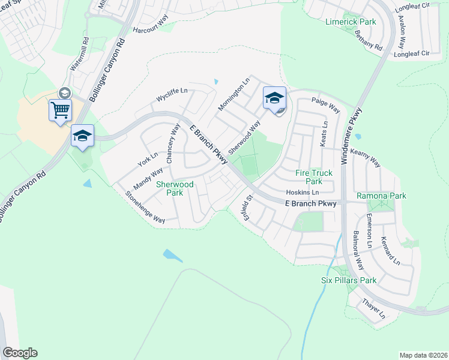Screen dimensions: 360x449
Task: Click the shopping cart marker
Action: pos(60,110)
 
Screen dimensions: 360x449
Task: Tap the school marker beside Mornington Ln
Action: pos(274,98)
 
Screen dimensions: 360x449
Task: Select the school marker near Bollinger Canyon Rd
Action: pos(82,136)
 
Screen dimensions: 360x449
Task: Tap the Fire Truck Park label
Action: pos(313,176)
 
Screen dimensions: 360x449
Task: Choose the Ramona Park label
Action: pos(381,196)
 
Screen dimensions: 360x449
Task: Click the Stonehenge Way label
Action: pos(145,208)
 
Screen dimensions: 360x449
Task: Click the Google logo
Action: pos(20,353)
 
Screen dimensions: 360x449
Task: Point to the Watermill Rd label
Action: pos(79,56)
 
